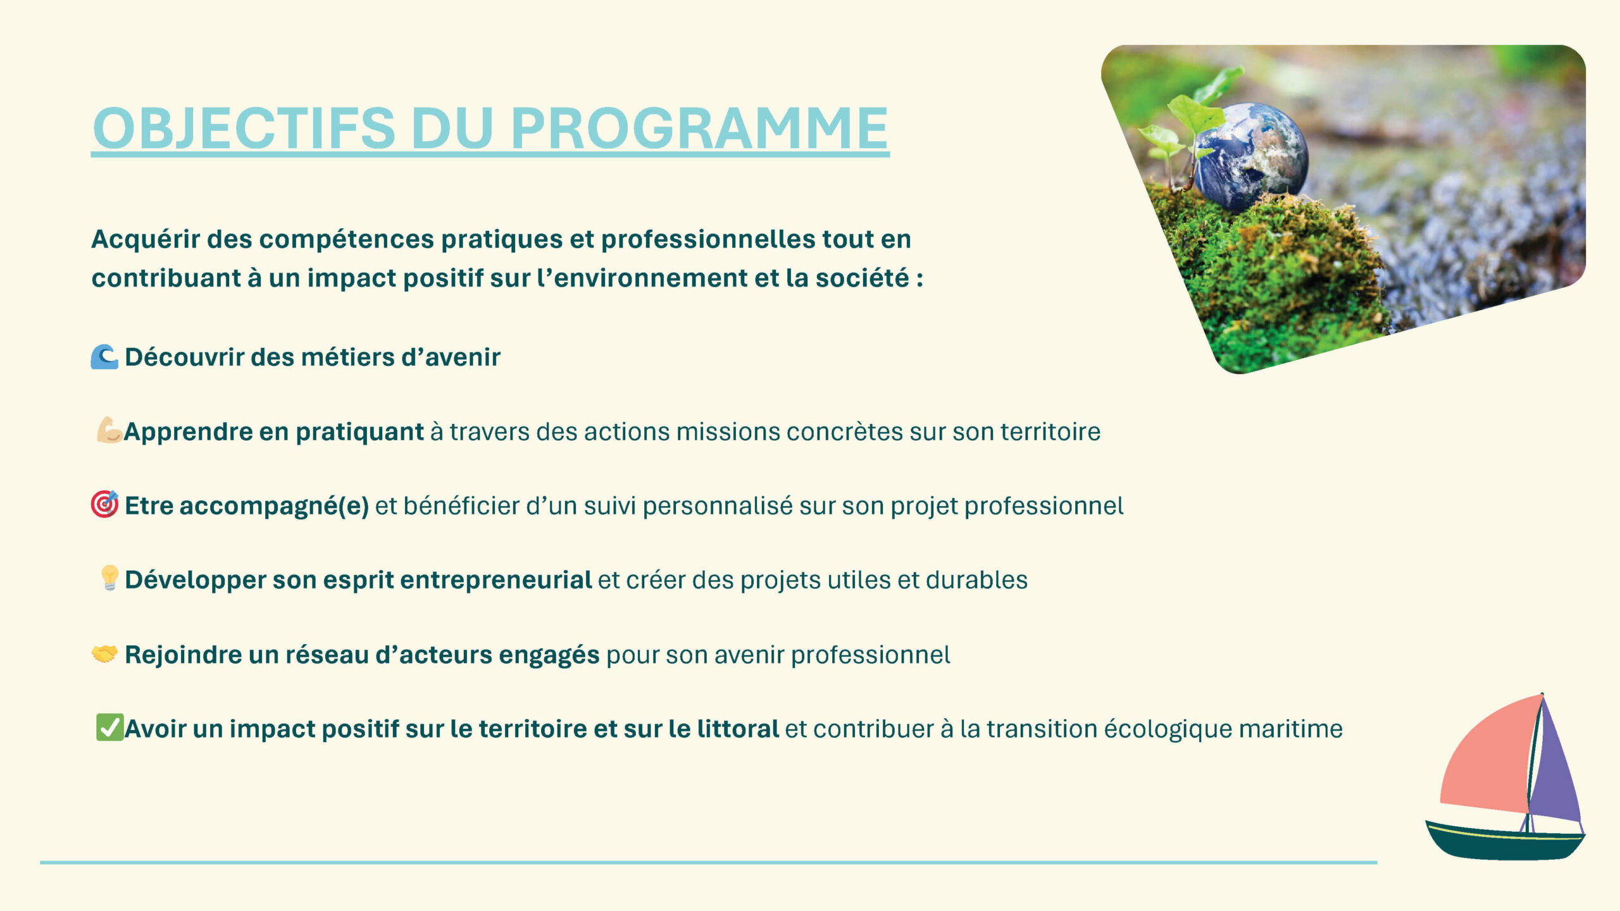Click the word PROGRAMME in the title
[699, 128]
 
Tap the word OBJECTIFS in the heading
[244, 128]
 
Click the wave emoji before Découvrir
[104, 357]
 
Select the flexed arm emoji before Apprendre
[109, 430]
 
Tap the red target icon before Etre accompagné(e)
[104, 504]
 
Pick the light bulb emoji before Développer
[109, 578]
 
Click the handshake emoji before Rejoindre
[104, 654]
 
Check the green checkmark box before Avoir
[109, 727]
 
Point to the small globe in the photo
[1250, 156]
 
